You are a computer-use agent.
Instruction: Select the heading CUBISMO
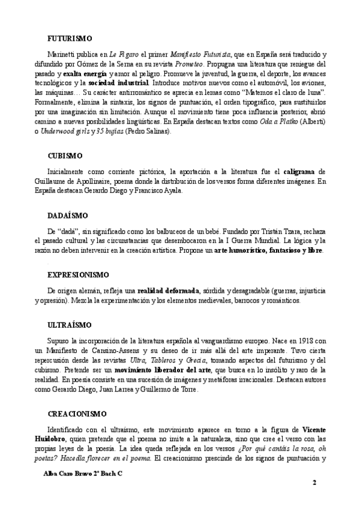[x=61, y=155]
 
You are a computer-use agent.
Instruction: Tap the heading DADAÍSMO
[x=67, y=214]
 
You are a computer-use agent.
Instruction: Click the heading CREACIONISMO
[x=76, y=414]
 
